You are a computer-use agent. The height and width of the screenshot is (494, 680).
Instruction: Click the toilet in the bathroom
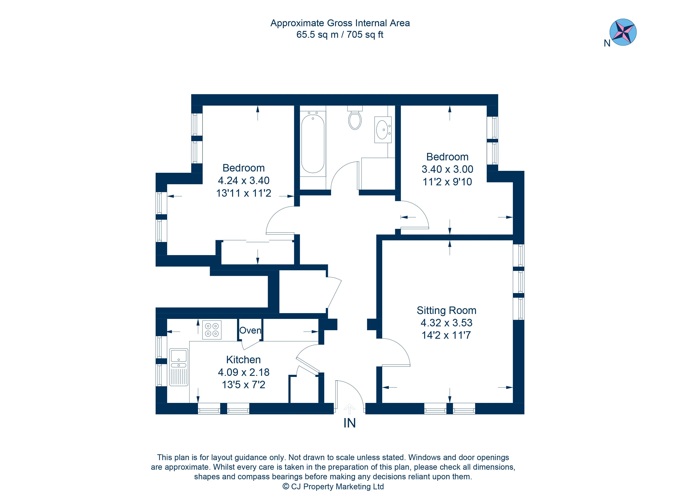pyautogui.click(x=355, y=119)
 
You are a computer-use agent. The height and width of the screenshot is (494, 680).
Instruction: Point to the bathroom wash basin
pyautogui.click(x=382, y=129)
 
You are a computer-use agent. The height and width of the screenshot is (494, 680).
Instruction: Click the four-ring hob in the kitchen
pyautogui.click(x=212, y=330)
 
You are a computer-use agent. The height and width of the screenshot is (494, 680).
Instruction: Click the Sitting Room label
pyautogui.click(x=446, y=310)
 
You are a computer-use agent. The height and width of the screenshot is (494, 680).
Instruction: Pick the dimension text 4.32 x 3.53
pyautogui.click(x=446, y=323)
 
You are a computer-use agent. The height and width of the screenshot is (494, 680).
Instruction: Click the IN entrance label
pyautogui.click(x=349, y=423)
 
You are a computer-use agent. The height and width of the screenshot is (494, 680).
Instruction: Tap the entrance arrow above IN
pyautogui.click(x=349, y=408)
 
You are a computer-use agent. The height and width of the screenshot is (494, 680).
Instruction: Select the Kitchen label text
pyautogui.click(x=243, y=360)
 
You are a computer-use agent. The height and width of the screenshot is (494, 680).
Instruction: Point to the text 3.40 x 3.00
pyautogui.click(x=447, y=169)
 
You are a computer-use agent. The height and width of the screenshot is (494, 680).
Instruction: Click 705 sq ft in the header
pyautogui.click(x=365, y=35)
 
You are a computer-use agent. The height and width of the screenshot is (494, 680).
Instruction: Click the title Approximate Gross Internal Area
pyautogui.click(x=340, y=23)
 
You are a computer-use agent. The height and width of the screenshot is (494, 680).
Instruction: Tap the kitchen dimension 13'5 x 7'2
pyautogui.click(x=243, y=385)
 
